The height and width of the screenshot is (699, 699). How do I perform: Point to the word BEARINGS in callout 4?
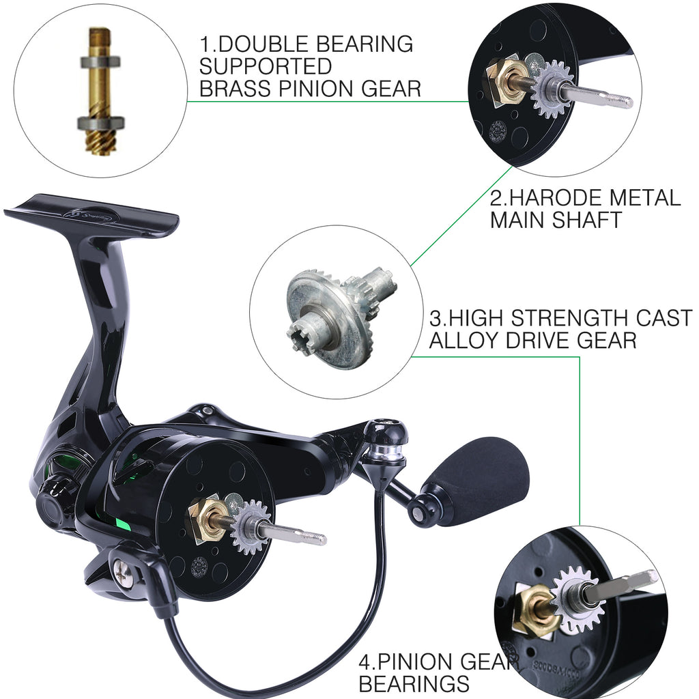click(x=414, y=683)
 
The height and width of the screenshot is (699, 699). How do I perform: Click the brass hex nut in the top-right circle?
click(x=506, y=81)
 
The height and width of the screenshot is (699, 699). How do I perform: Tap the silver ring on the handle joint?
click(x=385, y=451)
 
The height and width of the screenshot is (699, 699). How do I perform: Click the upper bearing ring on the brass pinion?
click(x=100, y=62)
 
